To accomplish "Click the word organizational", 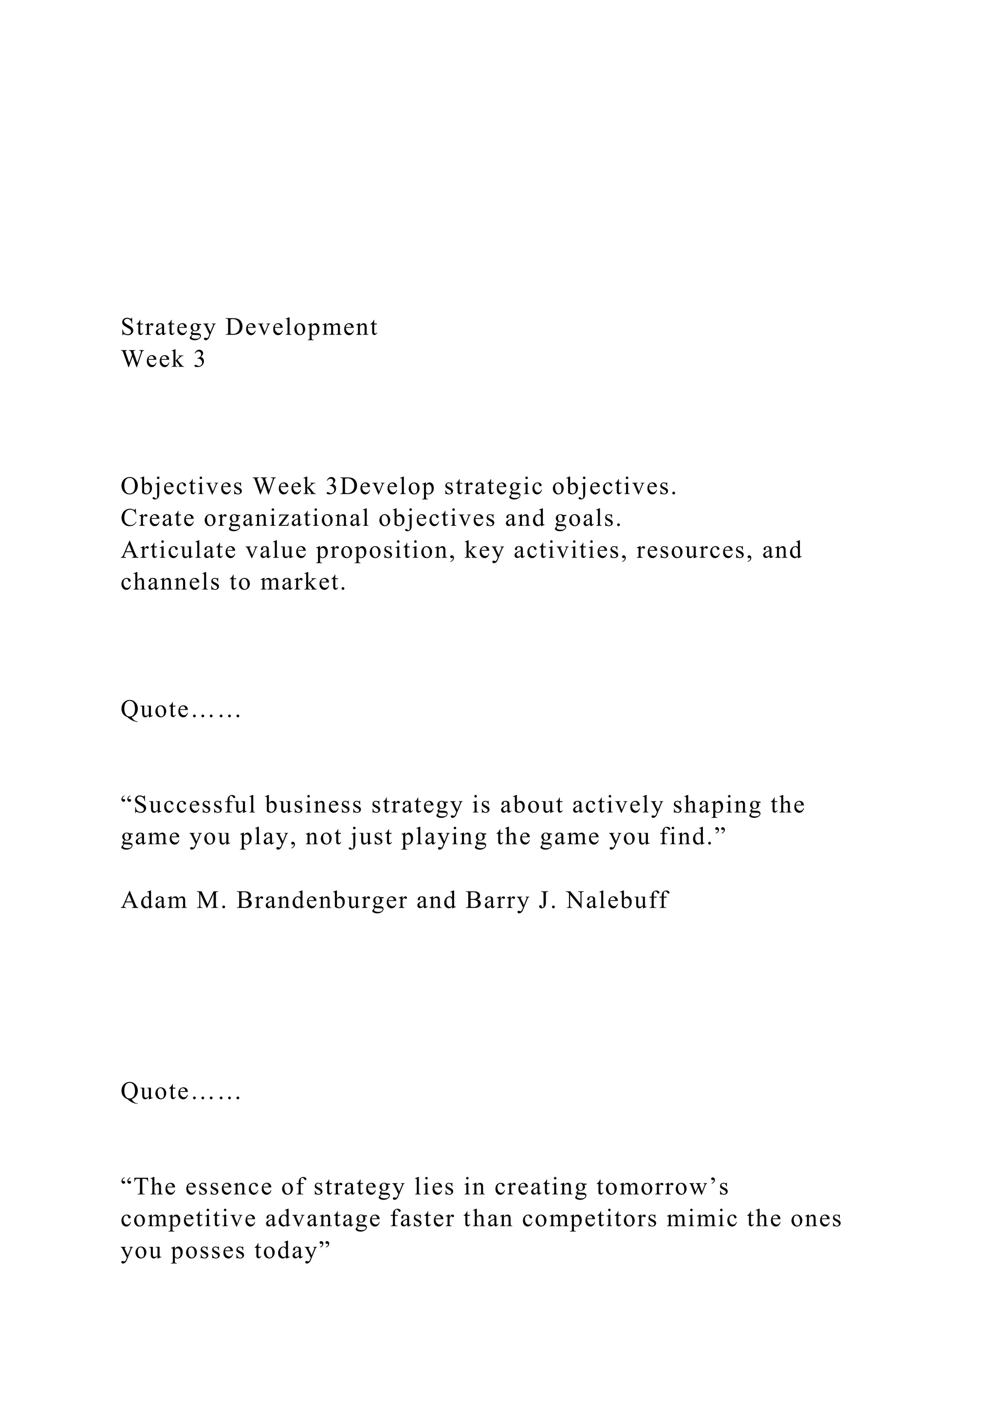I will (287, 519).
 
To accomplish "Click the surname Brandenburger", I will (322, 901).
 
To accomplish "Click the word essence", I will (228, 1187).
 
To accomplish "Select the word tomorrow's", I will (663, 1187).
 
